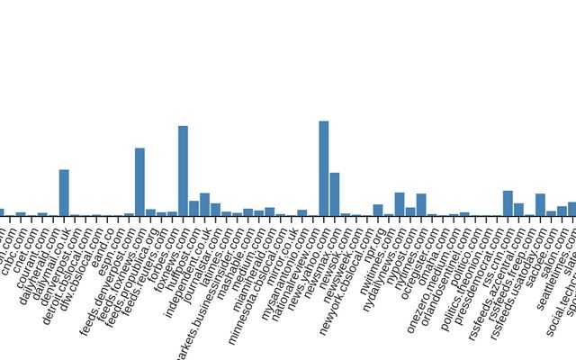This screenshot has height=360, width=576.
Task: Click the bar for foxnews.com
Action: tap(183, 171)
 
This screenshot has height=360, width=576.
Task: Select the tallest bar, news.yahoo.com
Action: tap(324, 168)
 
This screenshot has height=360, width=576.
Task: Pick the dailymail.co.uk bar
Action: tap(64, 193)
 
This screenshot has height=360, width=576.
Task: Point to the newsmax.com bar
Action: tap(335, 194)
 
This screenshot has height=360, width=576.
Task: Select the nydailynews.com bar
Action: tap(400, 204)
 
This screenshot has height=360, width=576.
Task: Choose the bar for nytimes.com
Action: tap(421, 205)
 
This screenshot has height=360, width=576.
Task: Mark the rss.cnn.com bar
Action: tap(508, 203)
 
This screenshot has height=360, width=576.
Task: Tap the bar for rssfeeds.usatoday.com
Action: tap(540, 205)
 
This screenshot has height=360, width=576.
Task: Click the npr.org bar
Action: tap(378, 211)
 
